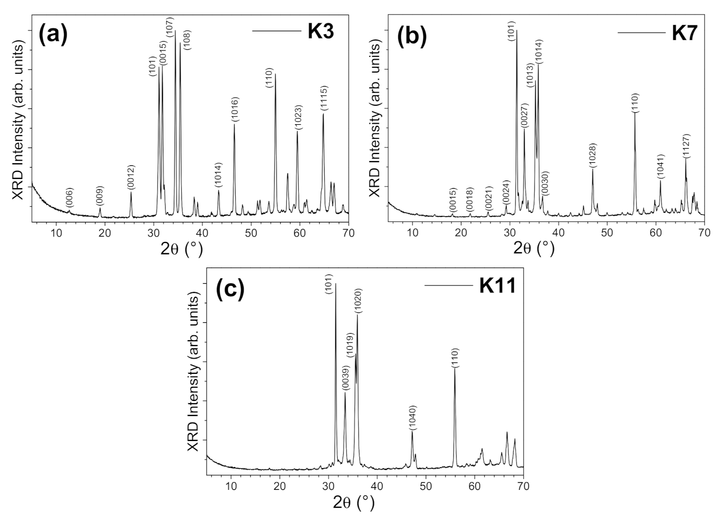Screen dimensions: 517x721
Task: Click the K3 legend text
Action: point(320,31)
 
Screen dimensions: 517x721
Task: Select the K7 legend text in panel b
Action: point(685,33)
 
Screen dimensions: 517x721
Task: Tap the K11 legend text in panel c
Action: point(497,285)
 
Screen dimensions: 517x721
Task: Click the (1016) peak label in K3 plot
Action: point(235,109)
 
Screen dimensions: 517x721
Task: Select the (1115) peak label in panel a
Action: point(324,98)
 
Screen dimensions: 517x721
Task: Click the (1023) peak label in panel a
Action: point(298,117)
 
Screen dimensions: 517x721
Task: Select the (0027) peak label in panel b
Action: point(524,116)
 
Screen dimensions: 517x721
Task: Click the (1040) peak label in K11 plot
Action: point(412,417)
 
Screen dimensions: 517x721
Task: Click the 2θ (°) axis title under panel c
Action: point(354,502)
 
